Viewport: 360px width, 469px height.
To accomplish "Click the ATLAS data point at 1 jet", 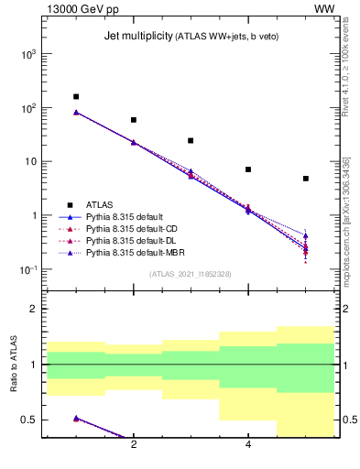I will click(x=76, y=96).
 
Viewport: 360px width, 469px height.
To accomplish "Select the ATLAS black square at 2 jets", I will click(x=134, y=120).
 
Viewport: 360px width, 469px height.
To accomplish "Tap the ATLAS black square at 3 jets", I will click(x=191, y=140).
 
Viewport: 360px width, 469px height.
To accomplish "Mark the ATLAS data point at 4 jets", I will click(x=248, y=169).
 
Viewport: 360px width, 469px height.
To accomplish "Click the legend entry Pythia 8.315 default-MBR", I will click(x=130, y=251).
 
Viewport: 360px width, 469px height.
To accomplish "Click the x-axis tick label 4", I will click(x=248, y=445).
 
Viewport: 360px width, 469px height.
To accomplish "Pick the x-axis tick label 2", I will click(x=134, y=445).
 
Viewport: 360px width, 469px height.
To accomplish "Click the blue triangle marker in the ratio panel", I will click(x=76, y=419).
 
